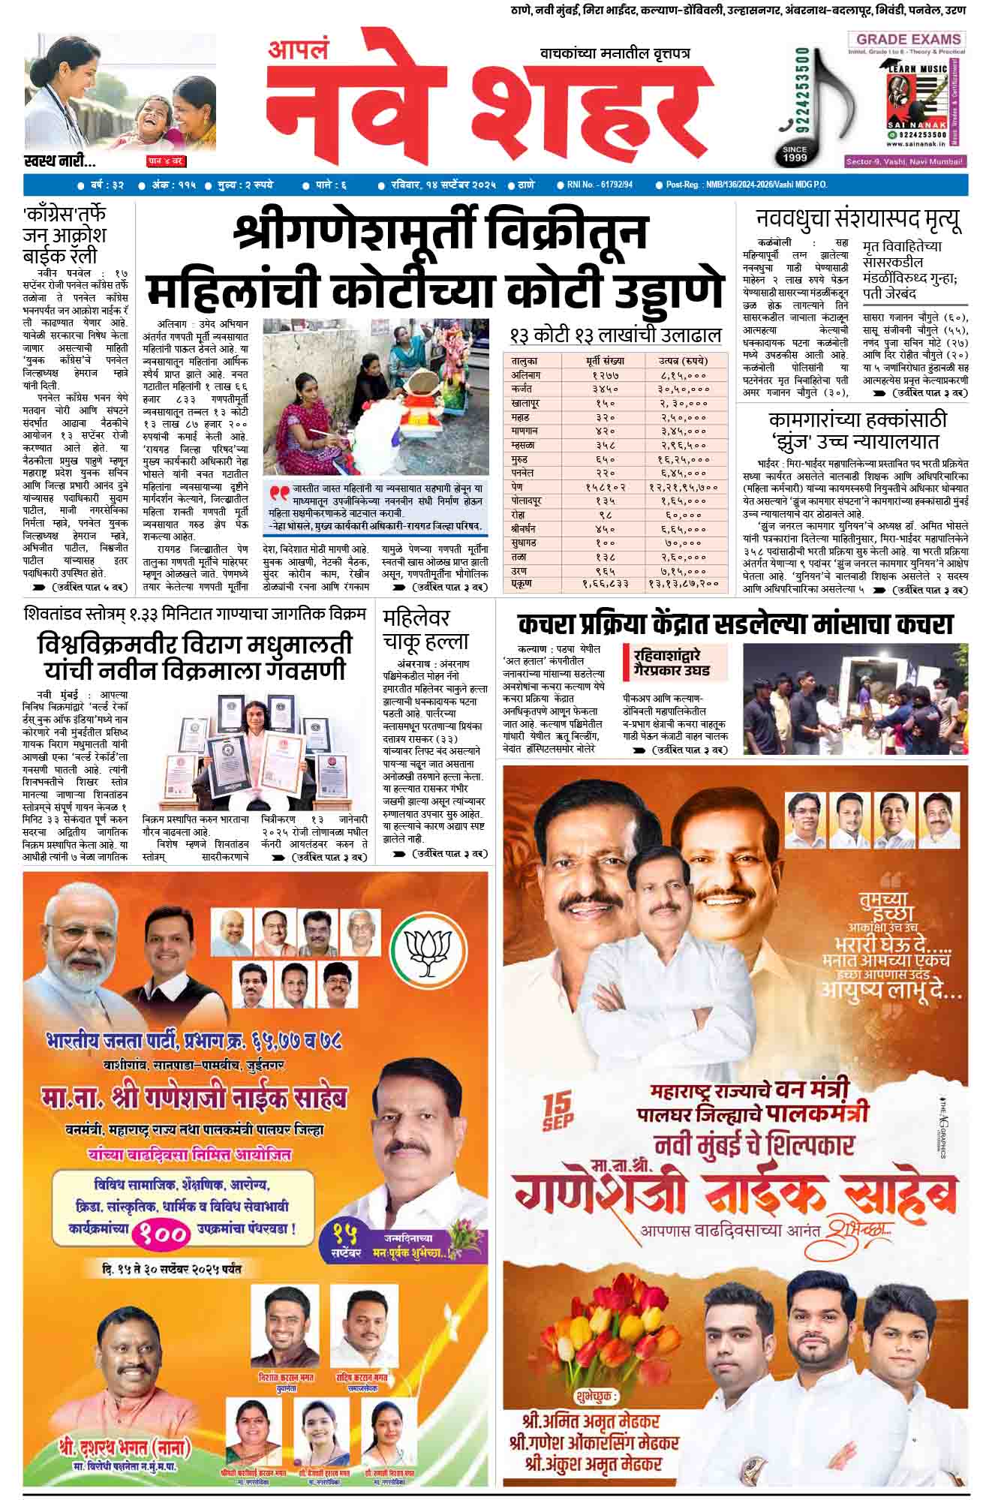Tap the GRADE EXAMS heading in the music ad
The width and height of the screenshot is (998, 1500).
coord(908,39)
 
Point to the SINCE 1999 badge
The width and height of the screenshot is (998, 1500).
coord(795,154)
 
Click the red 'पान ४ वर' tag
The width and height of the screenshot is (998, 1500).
coord(165,161)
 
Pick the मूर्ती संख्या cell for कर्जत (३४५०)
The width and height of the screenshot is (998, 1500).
coord(603,389)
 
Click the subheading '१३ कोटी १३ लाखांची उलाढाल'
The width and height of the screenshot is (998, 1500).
coord(615,334)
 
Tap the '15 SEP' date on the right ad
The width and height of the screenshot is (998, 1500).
coord(558,1110)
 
